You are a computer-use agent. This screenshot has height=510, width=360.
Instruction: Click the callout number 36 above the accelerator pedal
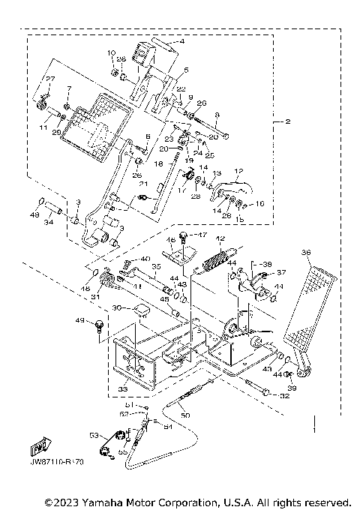click(305, 252)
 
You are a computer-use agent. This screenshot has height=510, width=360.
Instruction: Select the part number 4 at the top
click(181, 43)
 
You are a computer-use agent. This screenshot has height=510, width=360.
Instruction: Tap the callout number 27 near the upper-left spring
click(51, 79)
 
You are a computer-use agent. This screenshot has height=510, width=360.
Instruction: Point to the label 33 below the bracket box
click(123, 390)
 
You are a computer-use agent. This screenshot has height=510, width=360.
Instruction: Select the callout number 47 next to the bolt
click(202, 235)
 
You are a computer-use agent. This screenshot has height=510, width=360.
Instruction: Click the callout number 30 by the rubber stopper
click(116, 307)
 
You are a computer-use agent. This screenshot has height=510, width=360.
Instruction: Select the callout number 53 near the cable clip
click(94, 434)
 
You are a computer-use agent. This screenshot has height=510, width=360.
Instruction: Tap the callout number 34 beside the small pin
click(48, 222)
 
